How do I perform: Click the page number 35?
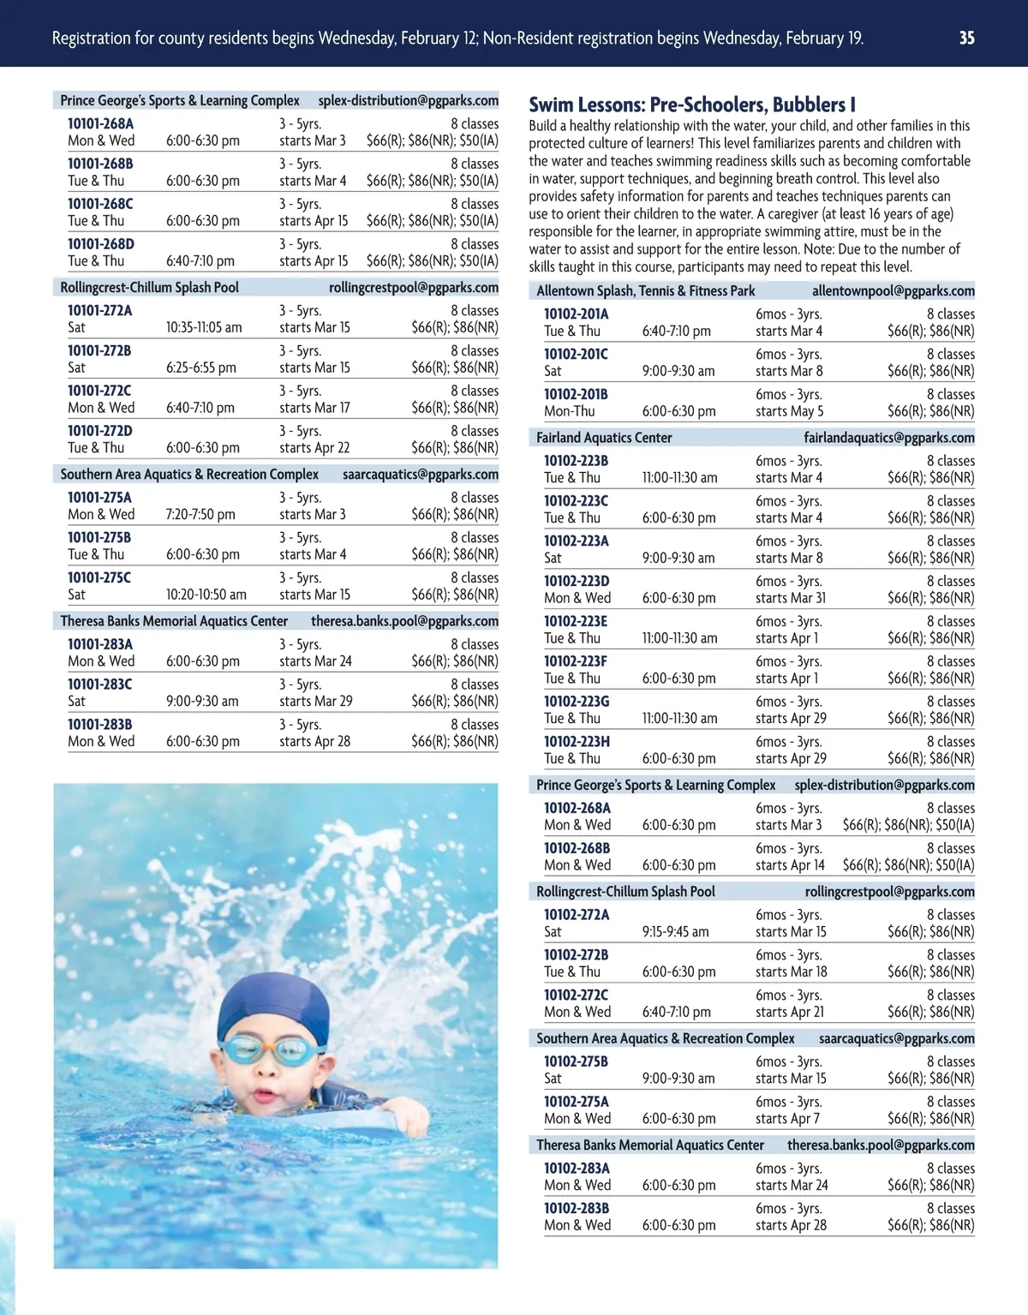[966, 38]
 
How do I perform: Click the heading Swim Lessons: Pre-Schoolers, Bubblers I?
[692, 105]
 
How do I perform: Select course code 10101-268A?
[101, 123]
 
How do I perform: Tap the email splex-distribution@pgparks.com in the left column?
[408, 100]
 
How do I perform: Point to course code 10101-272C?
[99, 391]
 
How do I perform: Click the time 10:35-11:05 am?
[204, 327]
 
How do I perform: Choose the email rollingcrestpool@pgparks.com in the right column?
[889, 892]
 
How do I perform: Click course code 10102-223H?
[577, 742]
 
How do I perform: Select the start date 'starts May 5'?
[789, 411]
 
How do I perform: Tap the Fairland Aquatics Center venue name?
[604, 438]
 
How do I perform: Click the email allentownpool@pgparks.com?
[893, 291]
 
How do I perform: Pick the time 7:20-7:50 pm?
[200, 515]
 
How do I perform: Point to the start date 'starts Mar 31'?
[791, 598]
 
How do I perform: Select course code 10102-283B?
[577, 1209]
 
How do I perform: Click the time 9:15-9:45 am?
[675, 932]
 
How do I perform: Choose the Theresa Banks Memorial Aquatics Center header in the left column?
[174, 621]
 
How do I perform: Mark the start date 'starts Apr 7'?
[787, 1119]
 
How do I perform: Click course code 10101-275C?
[99, 577]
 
